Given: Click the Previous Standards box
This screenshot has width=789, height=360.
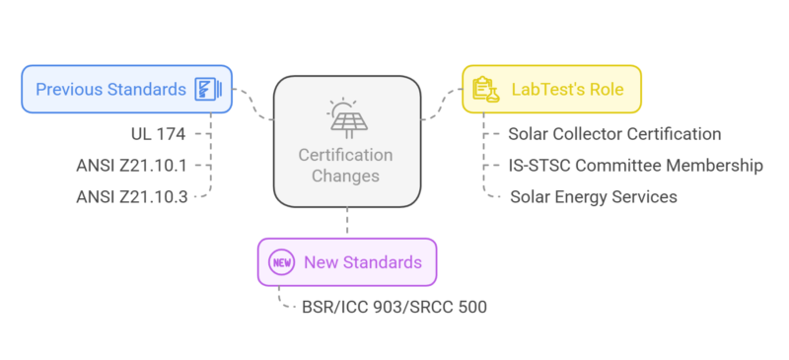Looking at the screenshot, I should (x=127, y=89).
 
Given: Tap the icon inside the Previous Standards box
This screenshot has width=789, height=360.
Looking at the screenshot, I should (x=206, y=89).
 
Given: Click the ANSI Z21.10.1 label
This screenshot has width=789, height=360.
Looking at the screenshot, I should (x=131, y=165).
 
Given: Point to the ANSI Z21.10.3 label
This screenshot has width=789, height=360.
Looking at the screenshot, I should (x=131, y=196).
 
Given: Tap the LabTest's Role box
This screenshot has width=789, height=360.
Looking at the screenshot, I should (x=551, y=89).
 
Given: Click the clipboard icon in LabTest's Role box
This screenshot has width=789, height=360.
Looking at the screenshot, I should (x=484, y=89).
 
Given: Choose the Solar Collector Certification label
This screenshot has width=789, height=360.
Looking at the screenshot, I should (x=613, y=134).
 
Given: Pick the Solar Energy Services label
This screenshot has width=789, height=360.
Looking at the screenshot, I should (x=593, y=196).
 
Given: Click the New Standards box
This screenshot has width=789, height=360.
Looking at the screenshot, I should (x=346, y=262).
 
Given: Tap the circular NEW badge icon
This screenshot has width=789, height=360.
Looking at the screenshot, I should (x=281, y=262).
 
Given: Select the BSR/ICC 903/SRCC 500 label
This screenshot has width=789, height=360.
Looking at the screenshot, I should (x=394, y=307).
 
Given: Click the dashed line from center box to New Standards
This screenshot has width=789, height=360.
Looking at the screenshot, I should (x=347, y=223).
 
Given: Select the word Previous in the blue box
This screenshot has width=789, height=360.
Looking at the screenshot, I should (x=70, y=90).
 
